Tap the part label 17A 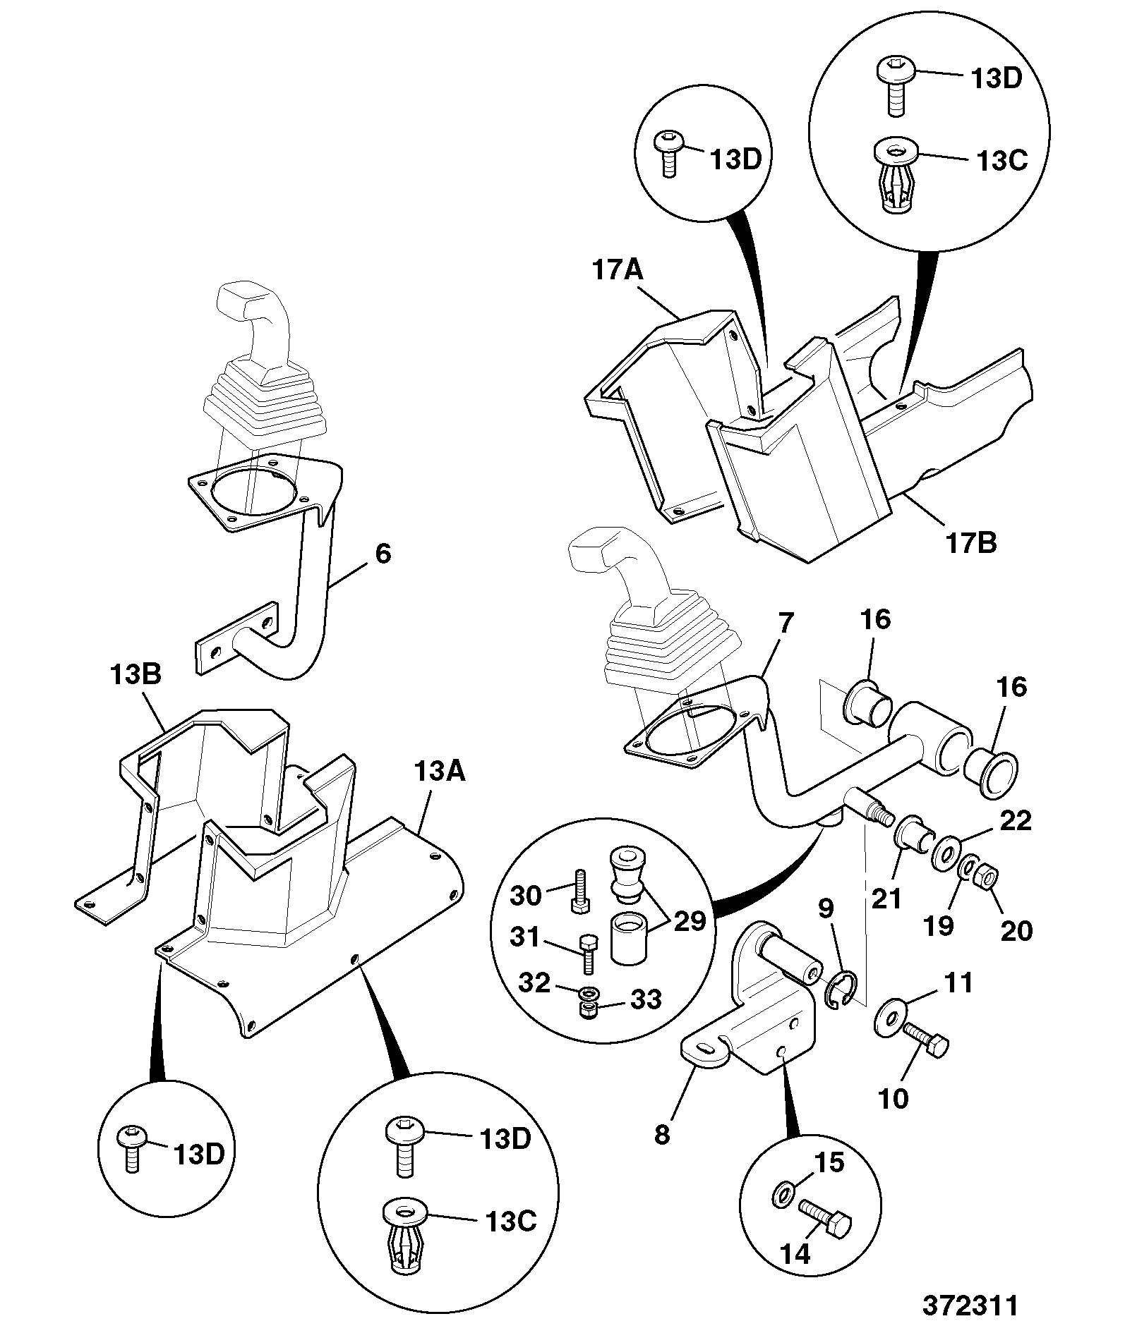(618, 270)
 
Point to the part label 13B (136, 675)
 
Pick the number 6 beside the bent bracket (383, 554)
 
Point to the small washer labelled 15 (782, 1195)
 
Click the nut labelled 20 (987, 878)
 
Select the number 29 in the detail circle (690, 920)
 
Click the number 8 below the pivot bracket (662, 1135)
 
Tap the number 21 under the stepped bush (887, 899)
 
